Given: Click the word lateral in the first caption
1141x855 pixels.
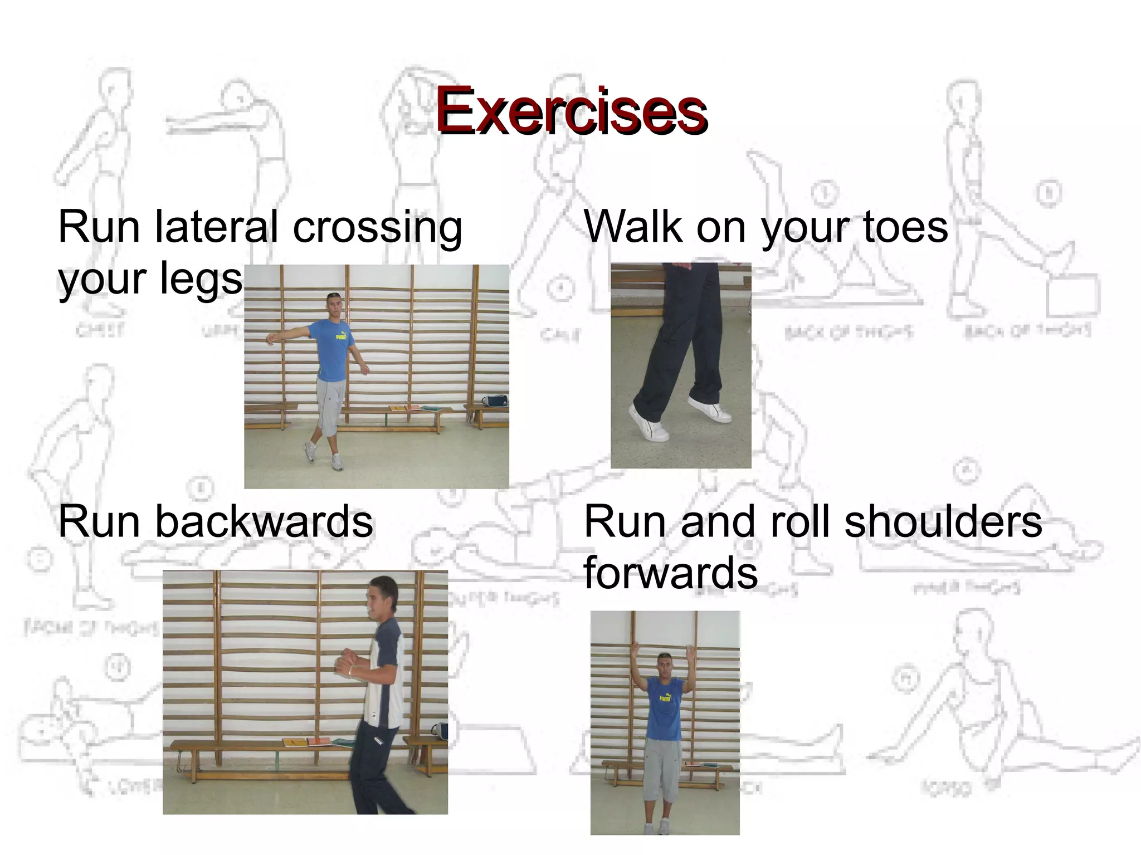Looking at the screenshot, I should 216,227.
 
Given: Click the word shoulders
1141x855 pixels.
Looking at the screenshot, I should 943,522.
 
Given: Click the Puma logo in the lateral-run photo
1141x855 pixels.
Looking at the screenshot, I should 340,336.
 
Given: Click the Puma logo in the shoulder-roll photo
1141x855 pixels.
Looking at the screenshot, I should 665,698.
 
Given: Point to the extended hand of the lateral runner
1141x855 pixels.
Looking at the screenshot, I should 271,339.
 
